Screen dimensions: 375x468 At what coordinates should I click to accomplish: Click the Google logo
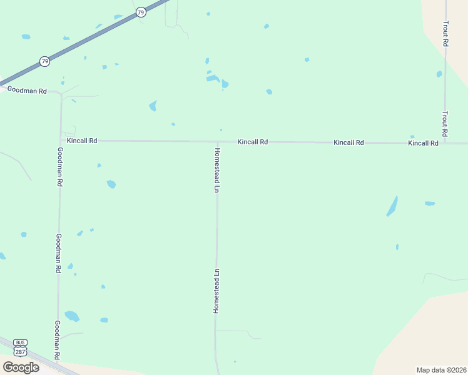tap(21, 367)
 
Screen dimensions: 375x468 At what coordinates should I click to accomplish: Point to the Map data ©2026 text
tap(441, 370)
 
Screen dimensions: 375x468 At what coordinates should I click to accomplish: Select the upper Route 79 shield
tap(141, 12)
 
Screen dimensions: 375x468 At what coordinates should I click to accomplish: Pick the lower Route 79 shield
tap(44, 61)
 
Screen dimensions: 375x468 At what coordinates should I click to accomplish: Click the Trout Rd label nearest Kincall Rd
tap(445, 124)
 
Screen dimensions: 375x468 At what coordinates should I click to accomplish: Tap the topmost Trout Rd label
tap(445, 34)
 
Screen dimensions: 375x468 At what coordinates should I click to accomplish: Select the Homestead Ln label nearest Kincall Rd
tap(217, 169)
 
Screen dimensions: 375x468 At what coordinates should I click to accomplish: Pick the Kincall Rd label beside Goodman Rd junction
tap(82, 141)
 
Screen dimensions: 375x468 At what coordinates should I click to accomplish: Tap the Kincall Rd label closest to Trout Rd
tap(423, 143)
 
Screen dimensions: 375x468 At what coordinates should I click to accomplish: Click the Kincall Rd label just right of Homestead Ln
tap(253, 142)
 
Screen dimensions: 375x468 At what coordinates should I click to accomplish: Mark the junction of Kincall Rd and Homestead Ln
tap(217, 142)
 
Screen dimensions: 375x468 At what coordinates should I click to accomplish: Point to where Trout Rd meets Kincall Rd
tap(445, 143)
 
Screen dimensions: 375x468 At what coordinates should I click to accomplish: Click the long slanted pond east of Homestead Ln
tap(392, 206)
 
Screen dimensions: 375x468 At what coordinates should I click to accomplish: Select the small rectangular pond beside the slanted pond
tap(430, 203)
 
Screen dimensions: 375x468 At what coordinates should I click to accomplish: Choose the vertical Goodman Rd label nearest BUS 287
tap(57, 339)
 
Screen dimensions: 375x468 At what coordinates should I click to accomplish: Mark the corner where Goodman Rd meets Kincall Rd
tap(61, 141)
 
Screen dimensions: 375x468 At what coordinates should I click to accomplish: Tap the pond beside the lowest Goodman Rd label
tap(72, 316)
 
